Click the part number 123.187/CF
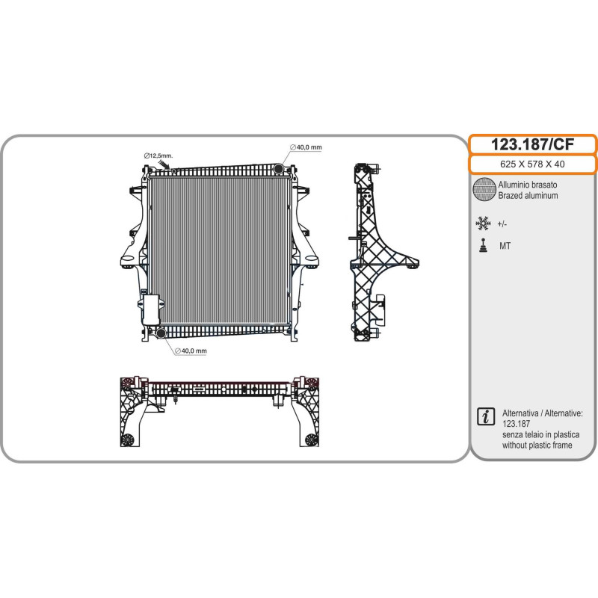point(532,144)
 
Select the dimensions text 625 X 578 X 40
point(532,164)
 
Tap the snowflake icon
point(483,224)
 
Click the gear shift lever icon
point(484,246)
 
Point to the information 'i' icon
point(485,416)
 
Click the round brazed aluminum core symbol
point(484,189)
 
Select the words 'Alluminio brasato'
point(528,185)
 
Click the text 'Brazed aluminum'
point(528,196)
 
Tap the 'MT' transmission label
point(505,246)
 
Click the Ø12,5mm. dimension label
point(158,155)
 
